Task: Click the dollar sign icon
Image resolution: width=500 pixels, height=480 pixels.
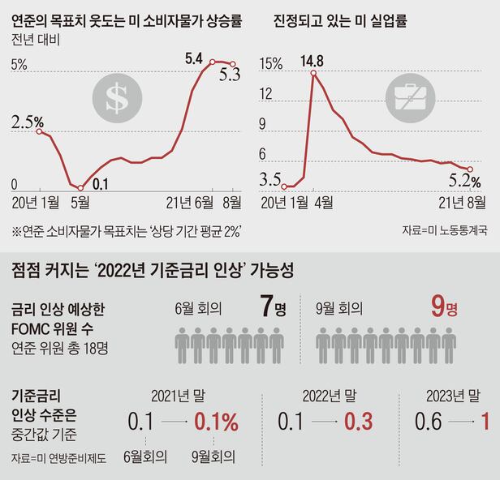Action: [x=115, y=97]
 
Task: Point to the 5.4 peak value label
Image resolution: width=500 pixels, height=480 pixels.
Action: [x=194, y=58]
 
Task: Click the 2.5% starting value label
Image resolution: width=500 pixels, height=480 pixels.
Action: [x=28, y=122]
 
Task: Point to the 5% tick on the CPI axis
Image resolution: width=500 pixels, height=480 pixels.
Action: [x=19, y=63]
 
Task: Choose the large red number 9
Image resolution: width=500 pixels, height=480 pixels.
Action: [x=438, y=309]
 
